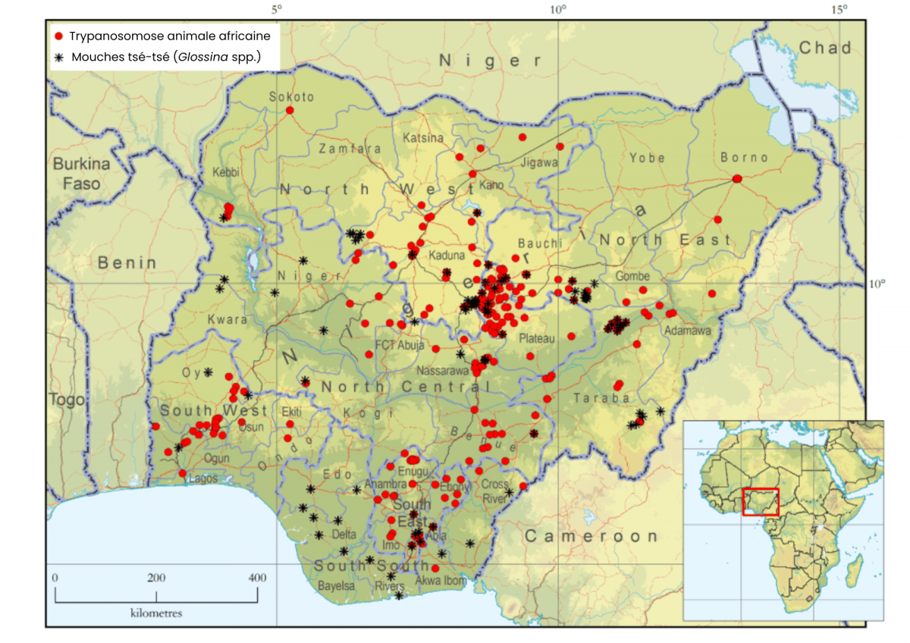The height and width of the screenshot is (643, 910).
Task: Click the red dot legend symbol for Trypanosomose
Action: click(59, 36)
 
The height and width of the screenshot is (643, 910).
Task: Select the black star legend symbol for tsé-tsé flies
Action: click(59, 57)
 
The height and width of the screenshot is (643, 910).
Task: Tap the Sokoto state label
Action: click(291, 96)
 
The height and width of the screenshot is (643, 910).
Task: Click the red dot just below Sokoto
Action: click(290, 111)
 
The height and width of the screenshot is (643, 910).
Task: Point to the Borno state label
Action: click(744, 158)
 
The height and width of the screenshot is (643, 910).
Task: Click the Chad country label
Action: click(825, 49)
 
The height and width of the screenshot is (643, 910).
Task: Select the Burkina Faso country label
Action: click(81, 173)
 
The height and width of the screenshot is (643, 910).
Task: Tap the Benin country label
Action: click(127, 263)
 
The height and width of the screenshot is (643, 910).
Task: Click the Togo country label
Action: click(67, 400)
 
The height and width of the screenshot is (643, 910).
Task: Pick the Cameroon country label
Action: click(591, 536)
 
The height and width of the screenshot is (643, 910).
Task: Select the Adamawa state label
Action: click(686, 331)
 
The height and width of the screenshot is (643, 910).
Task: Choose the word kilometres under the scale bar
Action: click(155, 613)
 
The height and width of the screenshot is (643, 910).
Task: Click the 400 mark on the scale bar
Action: click(257, 578)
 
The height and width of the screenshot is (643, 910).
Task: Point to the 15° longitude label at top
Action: click(838, 10)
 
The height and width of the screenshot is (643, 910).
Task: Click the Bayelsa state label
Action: click(336, 586)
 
